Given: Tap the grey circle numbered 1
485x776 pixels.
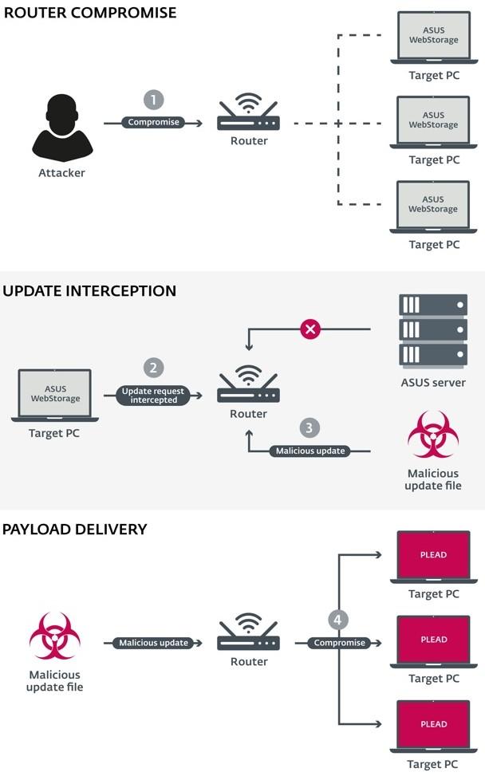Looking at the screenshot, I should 153,100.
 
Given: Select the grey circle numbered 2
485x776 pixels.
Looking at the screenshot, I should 153,368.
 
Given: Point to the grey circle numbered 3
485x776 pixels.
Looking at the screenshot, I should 310,427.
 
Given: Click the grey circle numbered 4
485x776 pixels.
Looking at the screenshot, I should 338,620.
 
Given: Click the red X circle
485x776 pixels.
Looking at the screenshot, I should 310,329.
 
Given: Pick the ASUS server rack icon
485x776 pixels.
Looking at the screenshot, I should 433,330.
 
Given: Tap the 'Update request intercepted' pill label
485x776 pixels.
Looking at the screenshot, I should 153,396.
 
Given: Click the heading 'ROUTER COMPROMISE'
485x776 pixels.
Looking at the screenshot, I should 90,13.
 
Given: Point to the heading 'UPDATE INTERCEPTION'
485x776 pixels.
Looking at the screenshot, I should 89,291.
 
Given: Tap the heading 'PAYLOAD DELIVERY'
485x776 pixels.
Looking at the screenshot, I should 75,529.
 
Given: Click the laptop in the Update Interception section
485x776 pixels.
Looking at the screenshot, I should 55,394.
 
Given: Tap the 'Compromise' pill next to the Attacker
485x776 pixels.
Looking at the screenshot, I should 153,123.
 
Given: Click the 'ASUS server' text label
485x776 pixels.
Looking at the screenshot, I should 433,382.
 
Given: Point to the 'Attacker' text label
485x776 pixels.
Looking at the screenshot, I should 61,172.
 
